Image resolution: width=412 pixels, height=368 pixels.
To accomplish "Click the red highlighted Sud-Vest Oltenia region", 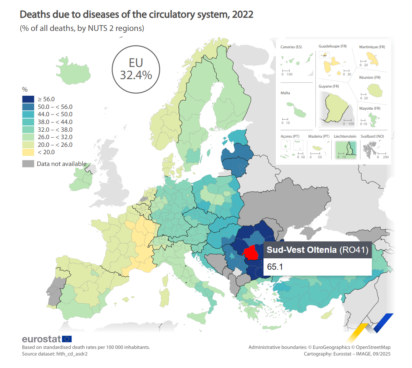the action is tap(251, 253).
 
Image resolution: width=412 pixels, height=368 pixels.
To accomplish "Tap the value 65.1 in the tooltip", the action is tap(275, 267).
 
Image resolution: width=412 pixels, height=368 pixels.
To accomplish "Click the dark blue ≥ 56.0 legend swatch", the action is tap(28, 99).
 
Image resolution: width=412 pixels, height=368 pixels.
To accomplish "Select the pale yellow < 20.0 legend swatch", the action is tap(28, 152).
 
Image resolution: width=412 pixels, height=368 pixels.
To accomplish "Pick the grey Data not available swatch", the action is tap(28, 164).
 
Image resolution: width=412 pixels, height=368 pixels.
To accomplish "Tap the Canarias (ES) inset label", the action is tap(291, 47).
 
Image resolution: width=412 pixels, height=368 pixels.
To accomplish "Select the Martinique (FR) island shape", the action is tap(373, 59).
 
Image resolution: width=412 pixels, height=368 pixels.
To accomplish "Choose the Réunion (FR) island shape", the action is tap(375, 90).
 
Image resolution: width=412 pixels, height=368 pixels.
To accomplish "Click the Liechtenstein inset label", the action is tap(345, 137).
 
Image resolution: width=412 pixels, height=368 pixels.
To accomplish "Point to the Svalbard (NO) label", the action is tap(372, 137).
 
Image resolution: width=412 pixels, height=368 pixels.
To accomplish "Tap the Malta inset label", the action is tap(285, 93).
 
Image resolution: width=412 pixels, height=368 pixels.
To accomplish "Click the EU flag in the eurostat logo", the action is tap(67, 339).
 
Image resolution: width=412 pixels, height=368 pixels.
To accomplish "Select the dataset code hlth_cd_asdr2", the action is tap(72, 354).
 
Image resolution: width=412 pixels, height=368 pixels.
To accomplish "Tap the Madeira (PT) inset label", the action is tap(319, 137).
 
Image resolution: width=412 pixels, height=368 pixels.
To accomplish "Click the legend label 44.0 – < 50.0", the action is tap(55, 114).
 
